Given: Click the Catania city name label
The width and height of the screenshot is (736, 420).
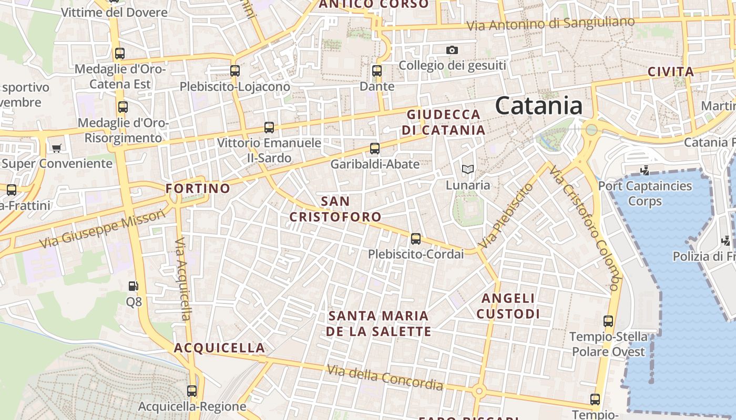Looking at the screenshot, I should pyautogui.click(x=539, y=106).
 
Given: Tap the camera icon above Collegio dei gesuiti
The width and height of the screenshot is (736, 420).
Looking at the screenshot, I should pyautogui.click(x=452, y=50).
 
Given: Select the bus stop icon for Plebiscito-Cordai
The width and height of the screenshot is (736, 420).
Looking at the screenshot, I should pyautogui.click(x=416, y=239).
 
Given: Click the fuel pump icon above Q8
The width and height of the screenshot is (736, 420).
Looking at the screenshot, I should pyautogui.click(x=134, y=286).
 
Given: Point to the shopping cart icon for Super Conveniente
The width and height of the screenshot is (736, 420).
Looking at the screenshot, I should pyautogui.click(x=56, y=148).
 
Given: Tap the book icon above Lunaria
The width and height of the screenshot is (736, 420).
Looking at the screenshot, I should pyautogui.click(x=467, y=169).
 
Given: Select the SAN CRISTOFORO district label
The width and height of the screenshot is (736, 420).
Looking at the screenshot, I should pyautogui.click(x=335, y=209).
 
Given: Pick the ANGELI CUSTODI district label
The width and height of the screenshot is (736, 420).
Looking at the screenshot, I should pyautogui.click(x=508, y=306).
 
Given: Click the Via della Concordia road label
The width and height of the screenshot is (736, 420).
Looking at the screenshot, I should pyautogui.click(x=385, y=377).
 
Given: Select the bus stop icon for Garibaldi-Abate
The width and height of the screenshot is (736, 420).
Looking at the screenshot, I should pyautogui.click(x=375, y=149).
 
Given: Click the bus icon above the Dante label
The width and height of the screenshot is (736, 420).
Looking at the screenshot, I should pyautogui.click(x=376, y=71).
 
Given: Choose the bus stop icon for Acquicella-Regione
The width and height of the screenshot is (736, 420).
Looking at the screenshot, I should pyautogui.click(x=192, y=391).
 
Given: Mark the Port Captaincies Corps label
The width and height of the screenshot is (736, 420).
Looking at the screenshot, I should pyautogui.click(x=645, y=193).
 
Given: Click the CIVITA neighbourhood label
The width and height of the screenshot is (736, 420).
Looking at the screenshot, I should pyautogui.click(x=670, y=72).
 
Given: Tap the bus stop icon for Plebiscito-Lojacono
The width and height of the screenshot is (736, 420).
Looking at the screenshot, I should pyautogui.click(x=235, y=71).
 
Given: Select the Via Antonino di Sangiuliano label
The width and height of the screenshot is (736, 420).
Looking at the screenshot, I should pyautogui.click(x=550, y=24).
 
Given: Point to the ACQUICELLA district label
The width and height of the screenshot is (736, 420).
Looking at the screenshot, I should pyautogui.click(x=219, y=348).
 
